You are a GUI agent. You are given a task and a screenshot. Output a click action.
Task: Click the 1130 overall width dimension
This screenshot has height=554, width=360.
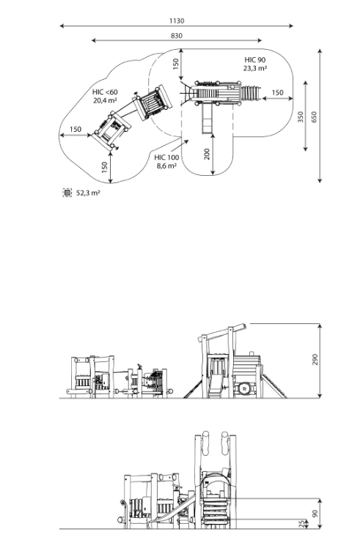(177, 21)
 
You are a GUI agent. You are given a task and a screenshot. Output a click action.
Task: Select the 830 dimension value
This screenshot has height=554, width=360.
(177, 36)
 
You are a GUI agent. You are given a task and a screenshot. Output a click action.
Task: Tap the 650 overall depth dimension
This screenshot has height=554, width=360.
(314, 117)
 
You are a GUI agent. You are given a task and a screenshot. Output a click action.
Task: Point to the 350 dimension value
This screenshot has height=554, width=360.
(300, 117)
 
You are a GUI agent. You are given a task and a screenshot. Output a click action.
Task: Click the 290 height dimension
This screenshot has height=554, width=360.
(315, 359)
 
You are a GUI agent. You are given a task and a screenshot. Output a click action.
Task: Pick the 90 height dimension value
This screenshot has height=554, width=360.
(315, 513)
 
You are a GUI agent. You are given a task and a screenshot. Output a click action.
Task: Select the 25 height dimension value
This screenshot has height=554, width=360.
(301, 524)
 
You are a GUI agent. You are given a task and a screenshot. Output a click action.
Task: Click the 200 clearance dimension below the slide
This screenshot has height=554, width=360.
(207, 154)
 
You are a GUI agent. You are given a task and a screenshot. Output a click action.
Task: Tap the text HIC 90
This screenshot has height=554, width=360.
(255, 60)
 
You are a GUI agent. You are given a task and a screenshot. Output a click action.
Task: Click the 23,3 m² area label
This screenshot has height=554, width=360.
(255, 68)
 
